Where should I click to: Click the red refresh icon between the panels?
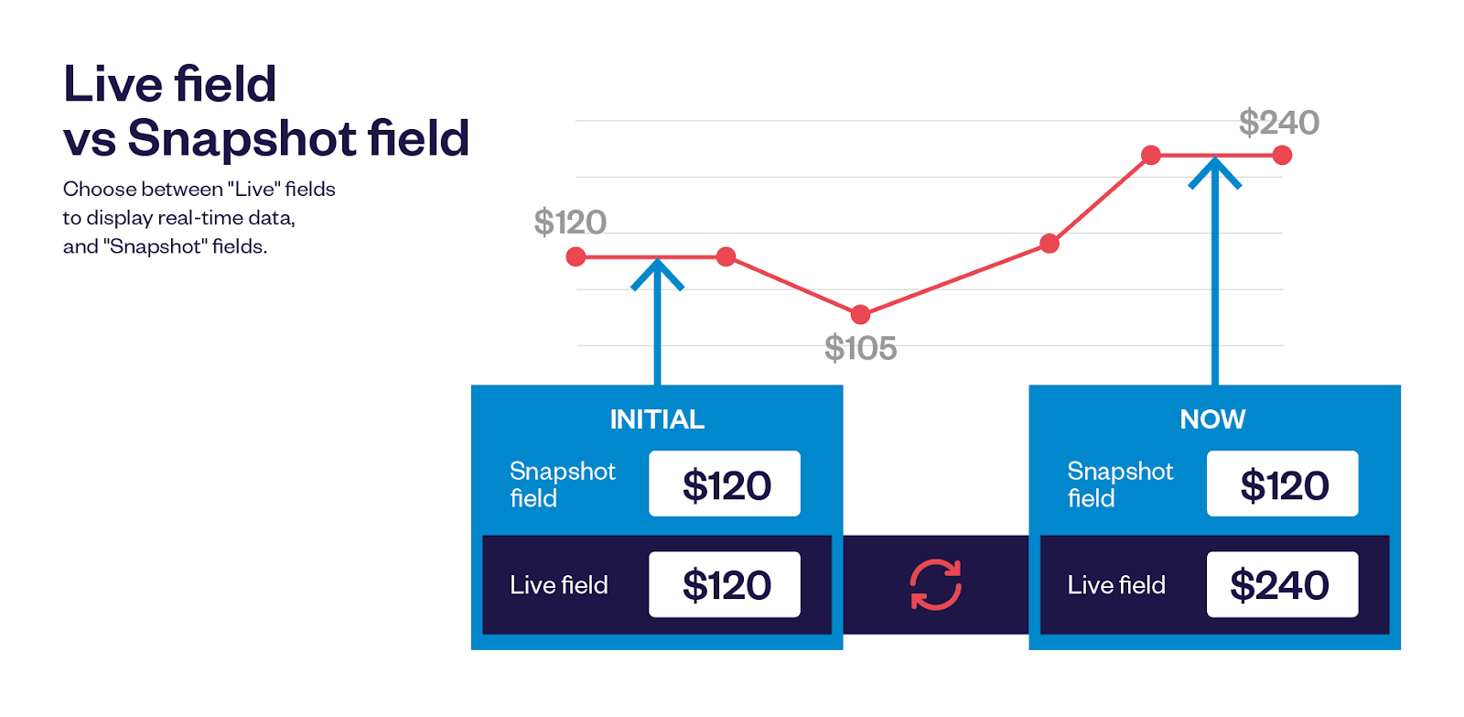pyautogui.click(x=935, y=584)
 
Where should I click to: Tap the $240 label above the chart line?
pyautogui.click(x=1278, y=123)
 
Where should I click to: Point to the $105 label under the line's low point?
pyautogui.click(x=860, y=348)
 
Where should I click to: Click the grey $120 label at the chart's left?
pyautogui.click(x=570, y=223)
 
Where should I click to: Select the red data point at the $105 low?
pyautogui.click(x=860, y=315)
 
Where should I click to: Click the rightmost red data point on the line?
pyautogui.click(x=1282, y=156)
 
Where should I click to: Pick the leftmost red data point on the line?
pyautogui.click(x=576, y=257)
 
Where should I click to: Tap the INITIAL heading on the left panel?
pyautogui.click(x=657, y=419)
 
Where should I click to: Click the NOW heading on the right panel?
pyautogui.click(x=1212, y=419)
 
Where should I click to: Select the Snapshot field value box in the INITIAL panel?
pyautogui.click(x=725, y=483)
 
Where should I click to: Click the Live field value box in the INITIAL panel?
pyautogui.click(x=725, y=584)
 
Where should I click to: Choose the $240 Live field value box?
pyautogui.click(x=1282, y=584)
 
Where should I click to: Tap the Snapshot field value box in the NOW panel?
pyautogui.click(x=1282, y=483)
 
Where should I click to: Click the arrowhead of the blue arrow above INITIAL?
pyautogui.click(x=657, y=273)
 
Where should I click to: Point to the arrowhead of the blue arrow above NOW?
pyautogui.click(x=1214, y=171)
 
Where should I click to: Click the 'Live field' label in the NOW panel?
pyautogui.click(x=1116, y=585)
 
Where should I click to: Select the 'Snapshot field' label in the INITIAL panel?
pyautogui.click(x=562, y=484)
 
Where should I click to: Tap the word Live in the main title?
pyautogui.click(x=113, y=84)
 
